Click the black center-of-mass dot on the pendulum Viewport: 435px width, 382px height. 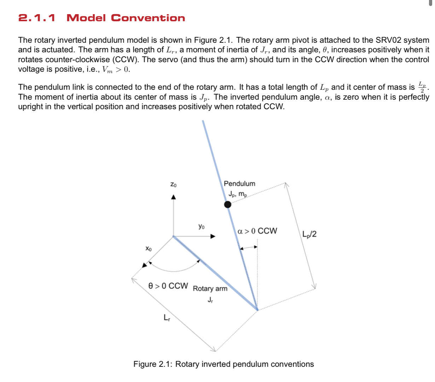click(x=228, y=204)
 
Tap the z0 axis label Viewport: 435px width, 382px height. click(x=173, y=184)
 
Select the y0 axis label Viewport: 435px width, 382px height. click(x=201, y=226)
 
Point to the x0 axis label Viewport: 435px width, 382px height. click(x=149, y=249)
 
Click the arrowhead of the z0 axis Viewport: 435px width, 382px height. click(x=173, y=197)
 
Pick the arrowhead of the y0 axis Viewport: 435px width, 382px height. click(x=213, y=236)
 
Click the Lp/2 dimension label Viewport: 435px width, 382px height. click(x=309, y=234)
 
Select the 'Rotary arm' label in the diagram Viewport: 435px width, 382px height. click(x=210, y=289)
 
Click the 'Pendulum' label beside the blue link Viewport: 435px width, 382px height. click(x=239, y=183)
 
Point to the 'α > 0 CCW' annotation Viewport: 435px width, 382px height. click(x=257, y=231)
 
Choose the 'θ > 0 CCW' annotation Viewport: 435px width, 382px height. click(x=168, y=286)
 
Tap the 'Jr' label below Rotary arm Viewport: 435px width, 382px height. click(x=210, y=300)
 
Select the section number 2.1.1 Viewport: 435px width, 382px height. click(x=37, y=18)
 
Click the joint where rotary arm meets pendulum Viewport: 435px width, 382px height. click(x=257, y=310)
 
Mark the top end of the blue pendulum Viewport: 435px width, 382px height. click(x=203, y=122)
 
